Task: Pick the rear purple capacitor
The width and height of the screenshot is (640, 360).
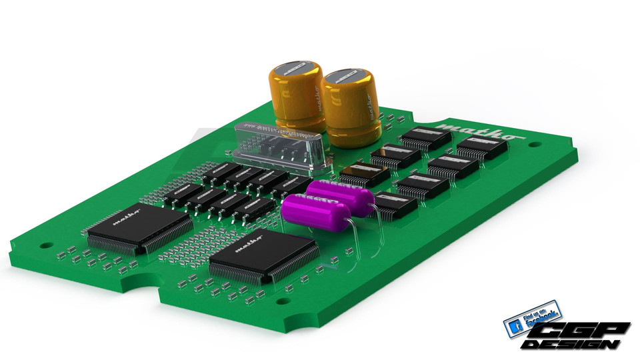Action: point(340,197)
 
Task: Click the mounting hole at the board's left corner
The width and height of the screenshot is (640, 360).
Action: point(45,245)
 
